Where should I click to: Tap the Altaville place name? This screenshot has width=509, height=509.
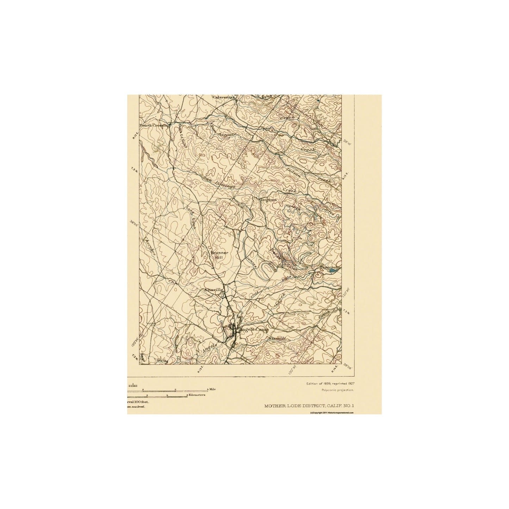pyautogui.click(x=213, y=290)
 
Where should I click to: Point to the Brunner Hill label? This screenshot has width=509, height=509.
pyautogui.click(x=219, y=255)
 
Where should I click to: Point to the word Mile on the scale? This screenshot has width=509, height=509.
pyautogui.click(x=212, y=389)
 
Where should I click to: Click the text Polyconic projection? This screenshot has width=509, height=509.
pyautogui.click(x=337, y=390)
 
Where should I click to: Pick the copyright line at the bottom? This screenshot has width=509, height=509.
pyautogui.click(x=331, y=412)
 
